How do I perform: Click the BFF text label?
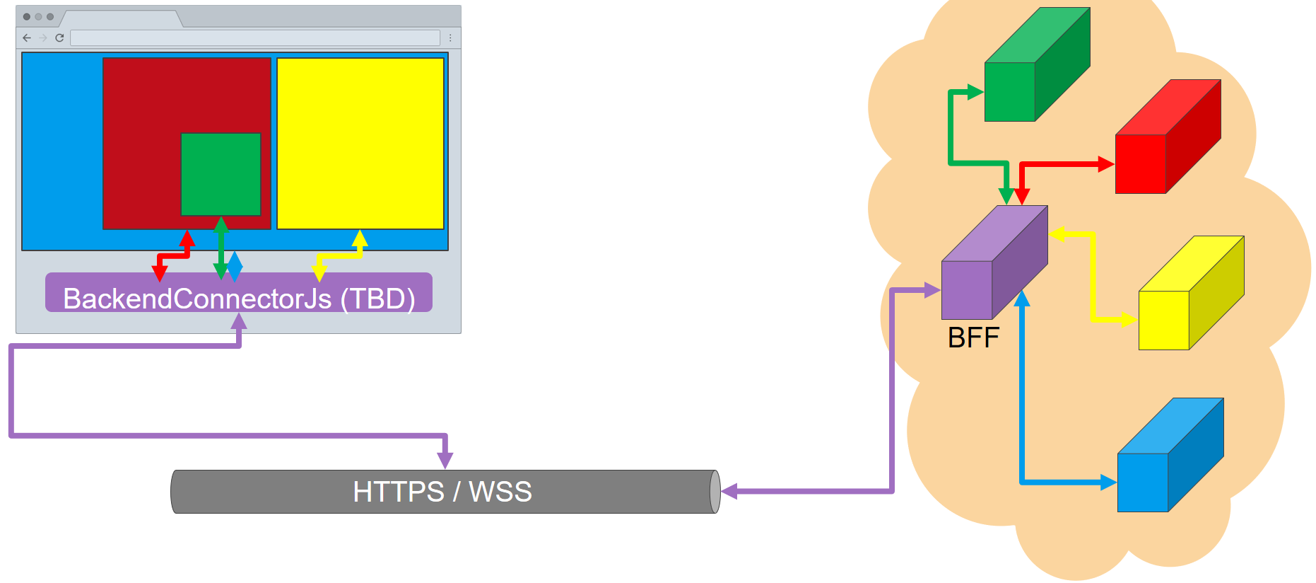click(x=973, y=337)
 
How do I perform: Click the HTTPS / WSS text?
click(x=442, y=492)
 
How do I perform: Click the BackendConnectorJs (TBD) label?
click(x=239, y=299)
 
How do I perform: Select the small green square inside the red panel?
click(x=221, y=174)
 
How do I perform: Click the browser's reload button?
click(x=59, y=37)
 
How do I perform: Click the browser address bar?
click(x=254, y=37)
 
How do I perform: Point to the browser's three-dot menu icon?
click(x=450, y=37)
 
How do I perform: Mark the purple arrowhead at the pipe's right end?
click(x=729, y=491)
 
